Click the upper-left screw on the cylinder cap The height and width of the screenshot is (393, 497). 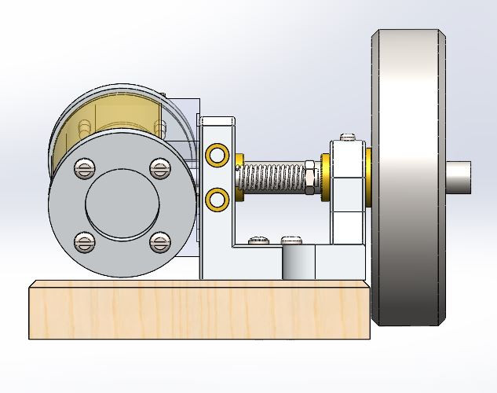point(84,167)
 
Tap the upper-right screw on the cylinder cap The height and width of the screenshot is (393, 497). point(160,167)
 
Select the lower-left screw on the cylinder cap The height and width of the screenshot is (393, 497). point(85,242)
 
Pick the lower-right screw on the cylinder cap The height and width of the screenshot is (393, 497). point(160,242)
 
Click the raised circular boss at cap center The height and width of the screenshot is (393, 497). point(122,204)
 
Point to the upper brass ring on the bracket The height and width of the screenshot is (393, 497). point(217,155)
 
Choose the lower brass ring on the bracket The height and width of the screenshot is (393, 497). point(217,199)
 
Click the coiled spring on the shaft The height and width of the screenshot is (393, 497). point(271,178)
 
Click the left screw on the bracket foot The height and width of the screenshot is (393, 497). point(257,240)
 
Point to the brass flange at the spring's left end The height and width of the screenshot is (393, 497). point(239,178)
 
